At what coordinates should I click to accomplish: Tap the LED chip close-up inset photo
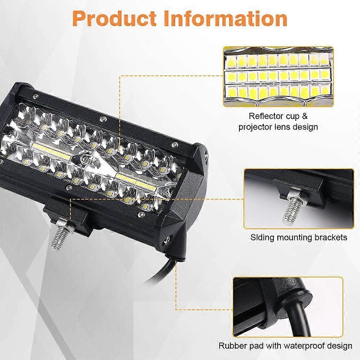pyautogui.click(x=278, y=77)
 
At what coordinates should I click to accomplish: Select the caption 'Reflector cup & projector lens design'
pyautogui.click(x=278, y=121)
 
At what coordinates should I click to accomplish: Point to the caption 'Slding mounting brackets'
pyautogui.click(x=298, y=237)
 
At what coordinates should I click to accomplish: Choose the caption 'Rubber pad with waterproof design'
pyautogui.click(x=285, y=346)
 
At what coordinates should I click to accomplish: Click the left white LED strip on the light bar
pyautogui.click(x=51, y=149)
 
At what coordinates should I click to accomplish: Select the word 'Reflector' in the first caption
pyautogui.click(x=264, y=116)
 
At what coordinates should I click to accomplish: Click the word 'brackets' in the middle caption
pyautogui.click(x=331, y=237)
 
